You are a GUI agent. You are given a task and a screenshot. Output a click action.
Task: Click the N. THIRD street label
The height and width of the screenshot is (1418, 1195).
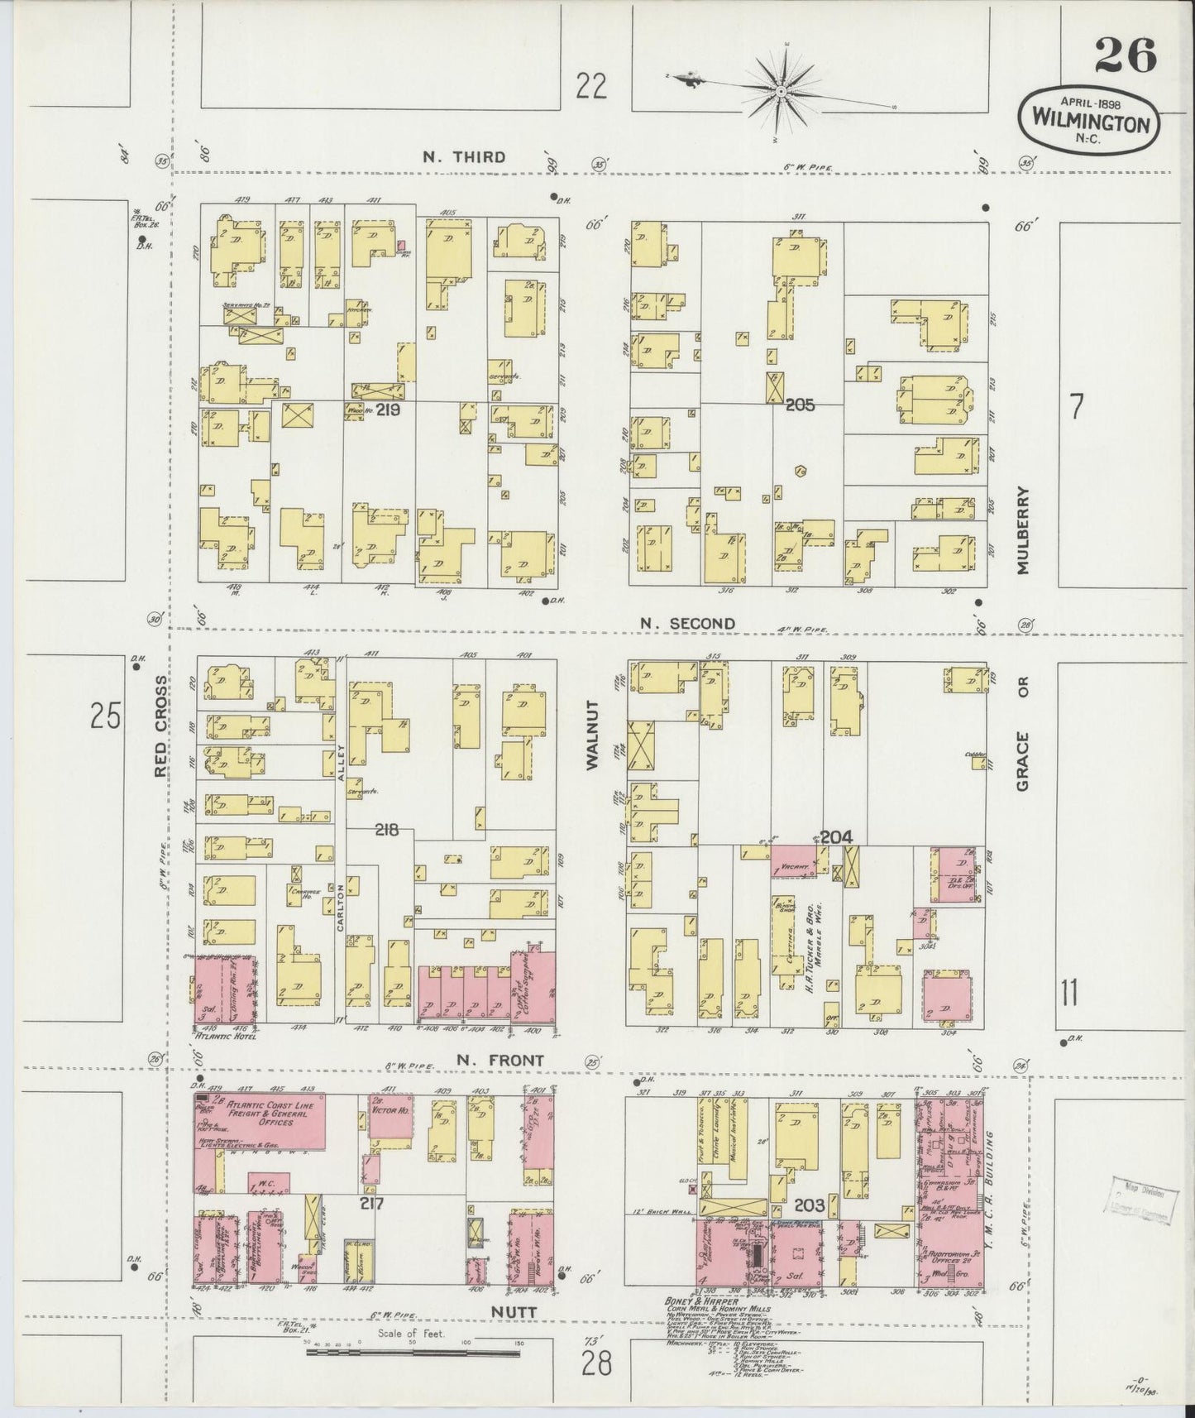(463, 157)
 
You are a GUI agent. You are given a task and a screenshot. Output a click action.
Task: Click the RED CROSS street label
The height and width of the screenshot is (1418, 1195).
(161, 726)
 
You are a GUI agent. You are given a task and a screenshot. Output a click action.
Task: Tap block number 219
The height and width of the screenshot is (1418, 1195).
(389, 409)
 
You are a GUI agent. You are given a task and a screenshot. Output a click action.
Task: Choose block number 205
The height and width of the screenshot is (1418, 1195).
(801, 405)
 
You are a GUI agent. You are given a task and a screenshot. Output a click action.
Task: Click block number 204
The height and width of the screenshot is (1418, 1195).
(836, 836)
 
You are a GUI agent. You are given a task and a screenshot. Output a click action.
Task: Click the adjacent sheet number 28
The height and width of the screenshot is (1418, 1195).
(595, 1363)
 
